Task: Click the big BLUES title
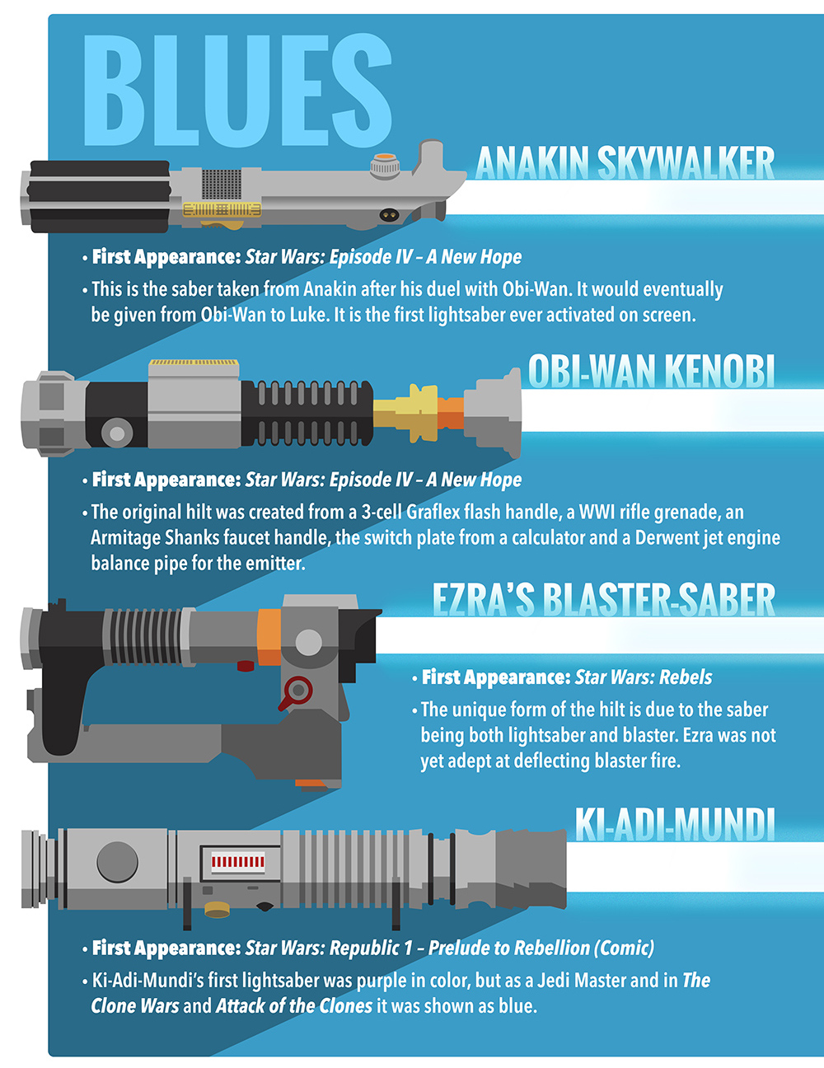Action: pyautogui.click(x=238, y=90)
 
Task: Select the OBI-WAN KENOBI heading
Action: pyautogui.click(x=652, y=371)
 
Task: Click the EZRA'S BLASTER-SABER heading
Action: pyautogui.click(x=603, y=600)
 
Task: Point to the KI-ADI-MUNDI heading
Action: pyautogui.click(x=675, y=824)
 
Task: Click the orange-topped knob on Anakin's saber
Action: pyautogui.click(x=384, y=166)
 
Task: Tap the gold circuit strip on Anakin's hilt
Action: pyautogui.click(x=222, y=209)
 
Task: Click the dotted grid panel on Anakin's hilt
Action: pyautogui.click(x=222, y=185)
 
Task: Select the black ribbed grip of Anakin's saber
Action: pyautogui.click(x=100, y=197)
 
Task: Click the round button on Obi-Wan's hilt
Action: pyautogui.click(x=117, y=433)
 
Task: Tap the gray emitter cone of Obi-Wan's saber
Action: pyautogui.click(x=493, y=413)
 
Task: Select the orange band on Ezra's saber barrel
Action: pyautogui.click(x=269, y=637)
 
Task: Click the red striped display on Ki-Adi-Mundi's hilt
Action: pyautogui.click(x=238, y=863)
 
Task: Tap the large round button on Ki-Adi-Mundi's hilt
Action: pyautogui.click(x=117, y=863)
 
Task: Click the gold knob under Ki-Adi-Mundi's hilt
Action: pyautogui.click(x=218, y=909)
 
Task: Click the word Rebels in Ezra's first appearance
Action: pyautogui.click(x=685, y=677)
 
